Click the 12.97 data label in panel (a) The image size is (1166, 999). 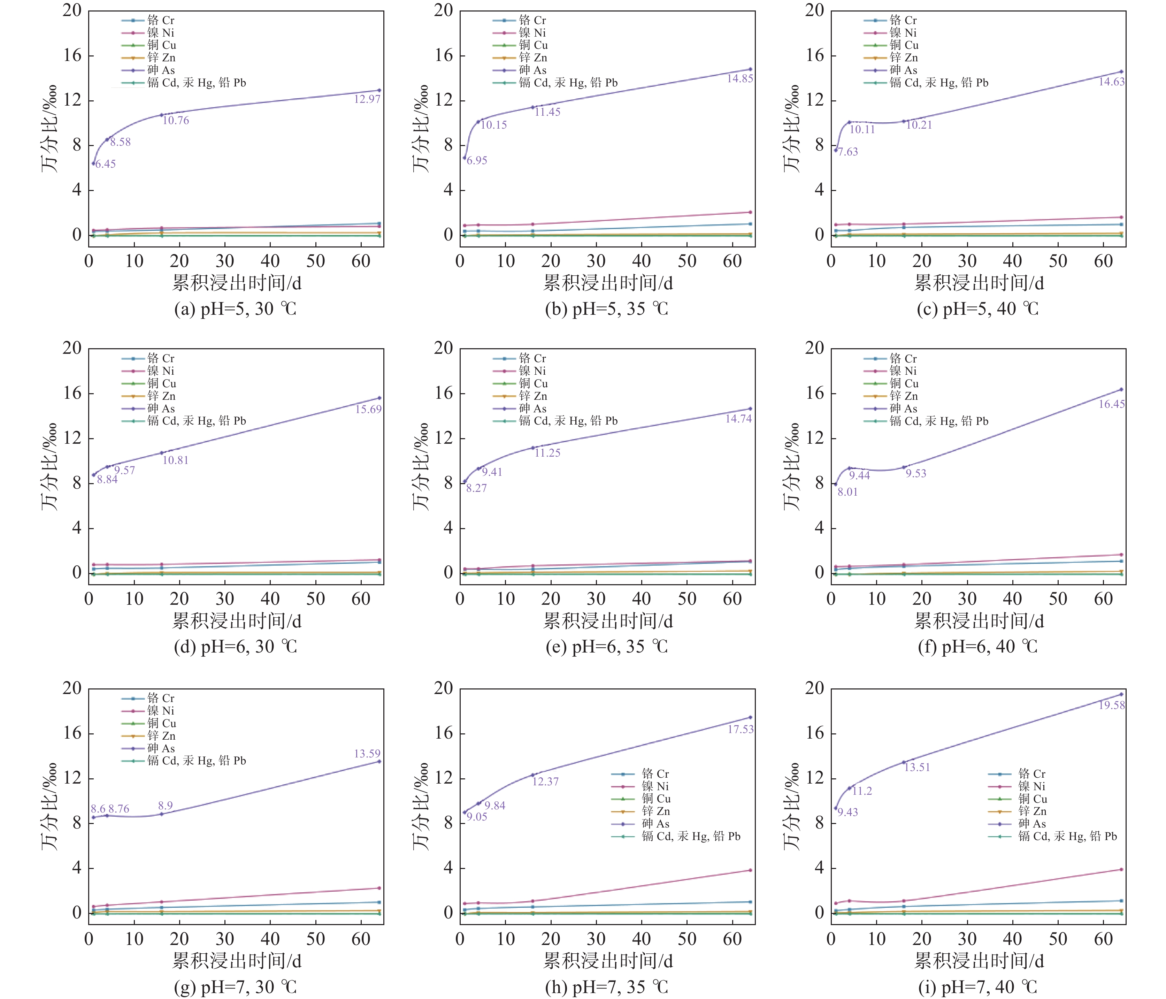tap(367, 100)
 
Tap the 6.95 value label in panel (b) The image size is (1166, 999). tap(477, 160)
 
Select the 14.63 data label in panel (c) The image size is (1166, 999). tap(1111, 82)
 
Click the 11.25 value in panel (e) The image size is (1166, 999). tap(547, 453)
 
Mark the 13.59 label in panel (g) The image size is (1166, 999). tap(367, 754)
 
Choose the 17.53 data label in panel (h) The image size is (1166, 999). tap(741, 730)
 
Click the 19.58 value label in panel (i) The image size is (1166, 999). tap(1111, 705)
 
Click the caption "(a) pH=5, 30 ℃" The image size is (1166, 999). tap(235, 309)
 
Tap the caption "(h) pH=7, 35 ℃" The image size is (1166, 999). tap(607, 986)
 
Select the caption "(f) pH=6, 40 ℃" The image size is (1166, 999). tap(977, 647)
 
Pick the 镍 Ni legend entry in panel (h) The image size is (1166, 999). tap(655, 786)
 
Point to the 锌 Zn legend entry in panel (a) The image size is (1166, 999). tap(161, 58)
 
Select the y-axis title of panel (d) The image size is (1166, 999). tap(49, 467)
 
